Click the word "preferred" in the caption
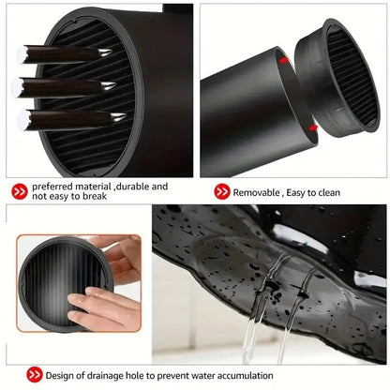[x=54, y=187]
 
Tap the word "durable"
[x=137, y=187]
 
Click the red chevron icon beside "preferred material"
[x=19, y=191]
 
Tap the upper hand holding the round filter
[x=125, y=254]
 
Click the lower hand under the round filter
[x=103, y=308]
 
